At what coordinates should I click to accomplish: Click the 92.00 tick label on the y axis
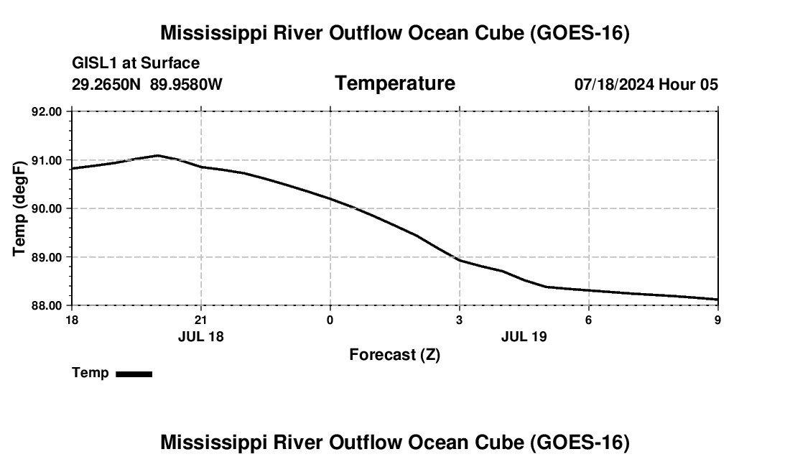pyautogui.click(x=47, y=111)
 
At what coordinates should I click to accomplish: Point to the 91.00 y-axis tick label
pyautogui.click(x=47, y=160)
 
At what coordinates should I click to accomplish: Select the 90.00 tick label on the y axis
pyautogui.click(x=47, y=208)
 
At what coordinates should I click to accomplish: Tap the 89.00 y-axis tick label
pyautogui.click(x=47, y=257)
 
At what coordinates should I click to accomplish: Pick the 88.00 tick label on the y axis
pyautogui.click(x=47, y=306)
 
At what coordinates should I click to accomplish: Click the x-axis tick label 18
pyautogui.click(x=72, y=320)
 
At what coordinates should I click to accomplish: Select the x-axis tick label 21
pyautogui.click(x=201, y=320)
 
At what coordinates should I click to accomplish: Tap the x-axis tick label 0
pyautogui.click(x=330, y=320)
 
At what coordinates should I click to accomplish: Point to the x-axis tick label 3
pyautogui.click(x=459, y=320)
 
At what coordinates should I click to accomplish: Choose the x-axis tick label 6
pyautogui.click(x=588, y=320)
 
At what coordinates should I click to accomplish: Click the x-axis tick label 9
pyautogui.click(x=717, y=320)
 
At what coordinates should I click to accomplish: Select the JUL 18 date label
pyautogui.click(x=200, y=336)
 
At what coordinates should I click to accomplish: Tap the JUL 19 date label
pyautogui.click(x=524, y=336)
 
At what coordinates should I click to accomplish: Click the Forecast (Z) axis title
pyautogui.click(x=395, y=355)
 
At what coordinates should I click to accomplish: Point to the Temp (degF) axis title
pyautogui.click(x=19, y=208)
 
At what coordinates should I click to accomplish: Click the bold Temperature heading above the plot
pyautogui.click(x=395, y=83)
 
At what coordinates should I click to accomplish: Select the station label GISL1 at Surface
pyautogui.click(x=136, y=63)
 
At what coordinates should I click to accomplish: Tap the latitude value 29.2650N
pyautogui.click(x=106, y=84)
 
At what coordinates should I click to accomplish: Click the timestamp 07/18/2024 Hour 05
pyautogui.click(x=646, y=84)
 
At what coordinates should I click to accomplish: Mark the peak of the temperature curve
pyautogui.click(x=158, y=155)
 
